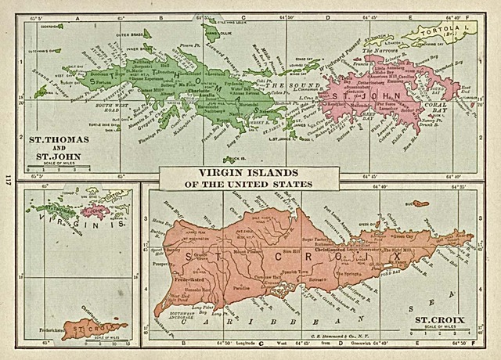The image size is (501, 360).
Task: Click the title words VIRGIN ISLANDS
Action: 236,173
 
